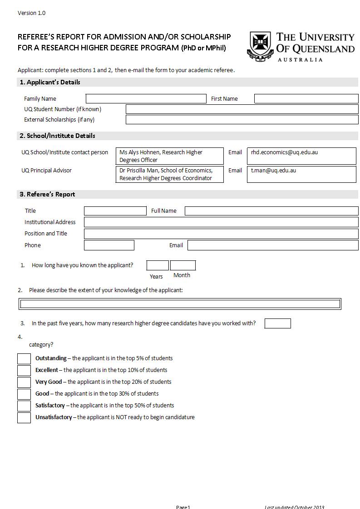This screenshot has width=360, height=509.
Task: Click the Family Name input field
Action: (x=146, y=99)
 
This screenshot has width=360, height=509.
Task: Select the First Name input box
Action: (x=306, y=99)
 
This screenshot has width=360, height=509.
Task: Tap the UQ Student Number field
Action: (x=242, y=109)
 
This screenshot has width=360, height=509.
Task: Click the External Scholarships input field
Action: (x=242, y=120)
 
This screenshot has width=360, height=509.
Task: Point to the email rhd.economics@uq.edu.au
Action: (x=285, y=152)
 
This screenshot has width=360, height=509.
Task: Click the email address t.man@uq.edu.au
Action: (x=274, y=171)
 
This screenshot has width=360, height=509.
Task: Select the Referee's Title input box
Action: (x=115, y=211)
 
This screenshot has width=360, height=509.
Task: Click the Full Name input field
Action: (x=271, y=211)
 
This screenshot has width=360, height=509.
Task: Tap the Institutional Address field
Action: (x=221, y=222)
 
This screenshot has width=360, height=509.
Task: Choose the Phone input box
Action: (x=109, y=245)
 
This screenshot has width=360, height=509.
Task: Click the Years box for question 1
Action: (x=158, y=266)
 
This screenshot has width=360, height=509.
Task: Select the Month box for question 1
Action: (x=183, y=266)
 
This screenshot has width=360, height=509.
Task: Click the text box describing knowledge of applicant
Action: (x=180, y=304)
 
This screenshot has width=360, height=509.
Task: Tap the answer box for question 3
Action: (x=277, y=323)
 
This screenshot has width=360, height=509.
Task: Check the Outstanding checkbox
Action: (x=24, y=359)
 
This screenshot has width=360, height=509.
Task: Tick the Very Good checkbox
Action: (x=24, y=382)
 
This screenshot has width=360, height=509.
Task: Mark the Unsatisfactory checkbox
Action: (x=24, y=418)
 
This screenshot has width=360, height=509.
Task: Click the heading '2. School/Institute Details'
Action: (x=57, y=136)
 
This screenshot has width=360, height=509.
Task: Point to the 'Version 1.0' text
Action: (x=32, y=13)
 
